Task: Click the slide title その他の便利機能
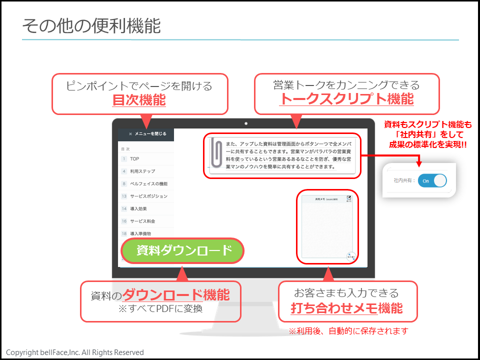pos(91,25)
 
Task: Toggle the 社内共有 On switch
pos(432,180)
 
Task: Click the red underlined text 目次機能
pos(139,100)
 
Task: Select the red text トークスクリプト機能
pos(346,98)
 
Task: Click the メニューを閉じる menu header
pos(146,134)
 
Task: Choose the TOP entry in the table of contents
pos(134,159)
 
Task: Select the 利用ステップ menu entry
pos(142,171)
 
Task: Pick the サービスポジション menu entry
pos(148,196)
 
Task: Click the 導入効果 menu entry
pos(138,208)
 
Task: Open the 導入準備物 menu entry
pos(140,233)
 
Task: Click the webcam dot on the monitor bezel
pos(246,123)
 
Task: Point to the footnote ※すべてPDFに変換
pos(160,308)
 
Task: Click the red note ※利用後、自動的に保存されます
pos(348,331)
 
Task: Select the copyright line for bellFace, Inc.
pos(75,352)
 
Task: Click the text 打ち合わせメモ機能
pos(346,308)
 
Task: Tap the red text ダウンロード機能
pos(176,295)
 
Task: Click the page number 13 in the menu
pos(124,196)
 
